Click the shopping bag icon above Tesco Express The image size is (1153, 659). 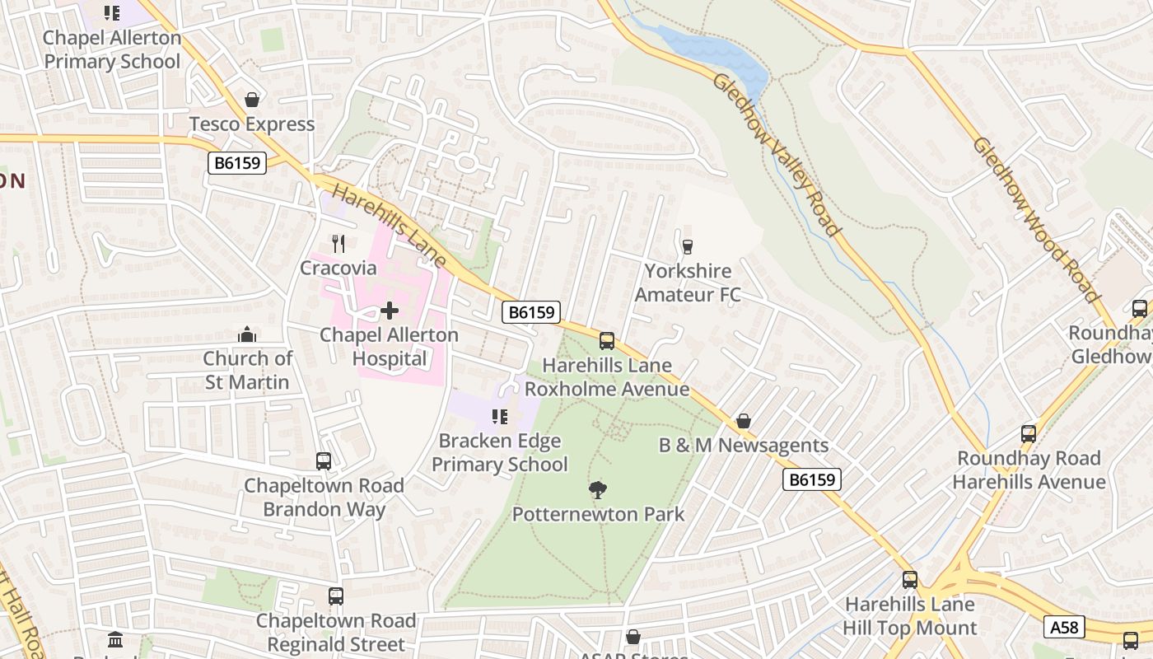[x=252, y=100]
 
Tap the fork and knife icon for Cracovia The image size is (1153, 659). [x=338, y=243]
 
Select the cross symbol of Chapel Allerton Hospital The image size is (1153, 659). [x=390, y=311]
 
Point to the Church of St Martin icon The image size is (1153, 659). [x=246, y=334]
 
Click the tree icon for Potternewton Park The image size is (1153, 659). [x=598, y=490]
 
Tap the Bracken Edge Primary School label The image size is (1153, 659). [x=499, y=453]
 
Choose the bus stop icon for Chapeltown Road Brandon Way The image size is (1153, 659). [x=324, y=461]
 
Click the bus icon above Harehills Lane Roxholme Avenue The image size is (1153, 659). [x=607, y=340]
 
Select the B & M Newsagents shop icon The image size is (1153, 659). [x=744, y=421]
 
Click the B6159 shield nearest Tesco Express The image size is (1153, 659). [x=237, y=163]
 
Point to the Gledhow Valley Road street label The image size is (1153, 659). [x=776, y=155]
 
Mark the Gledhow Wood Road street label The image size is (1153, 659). [x=1035, y=219]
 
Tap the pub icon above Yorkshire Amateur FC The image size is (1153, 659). [x=688, y=246]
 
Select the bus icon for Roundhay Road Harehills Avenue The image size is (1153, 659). [x=1029, y=433]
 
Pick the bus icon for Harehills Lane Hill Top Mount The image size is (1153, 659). [x=910, y=579]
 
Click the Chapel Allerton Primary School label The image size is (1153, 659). [x=112, y=49]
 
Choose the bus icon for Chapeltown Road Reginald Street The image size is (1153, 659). [x=335, y=596]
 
